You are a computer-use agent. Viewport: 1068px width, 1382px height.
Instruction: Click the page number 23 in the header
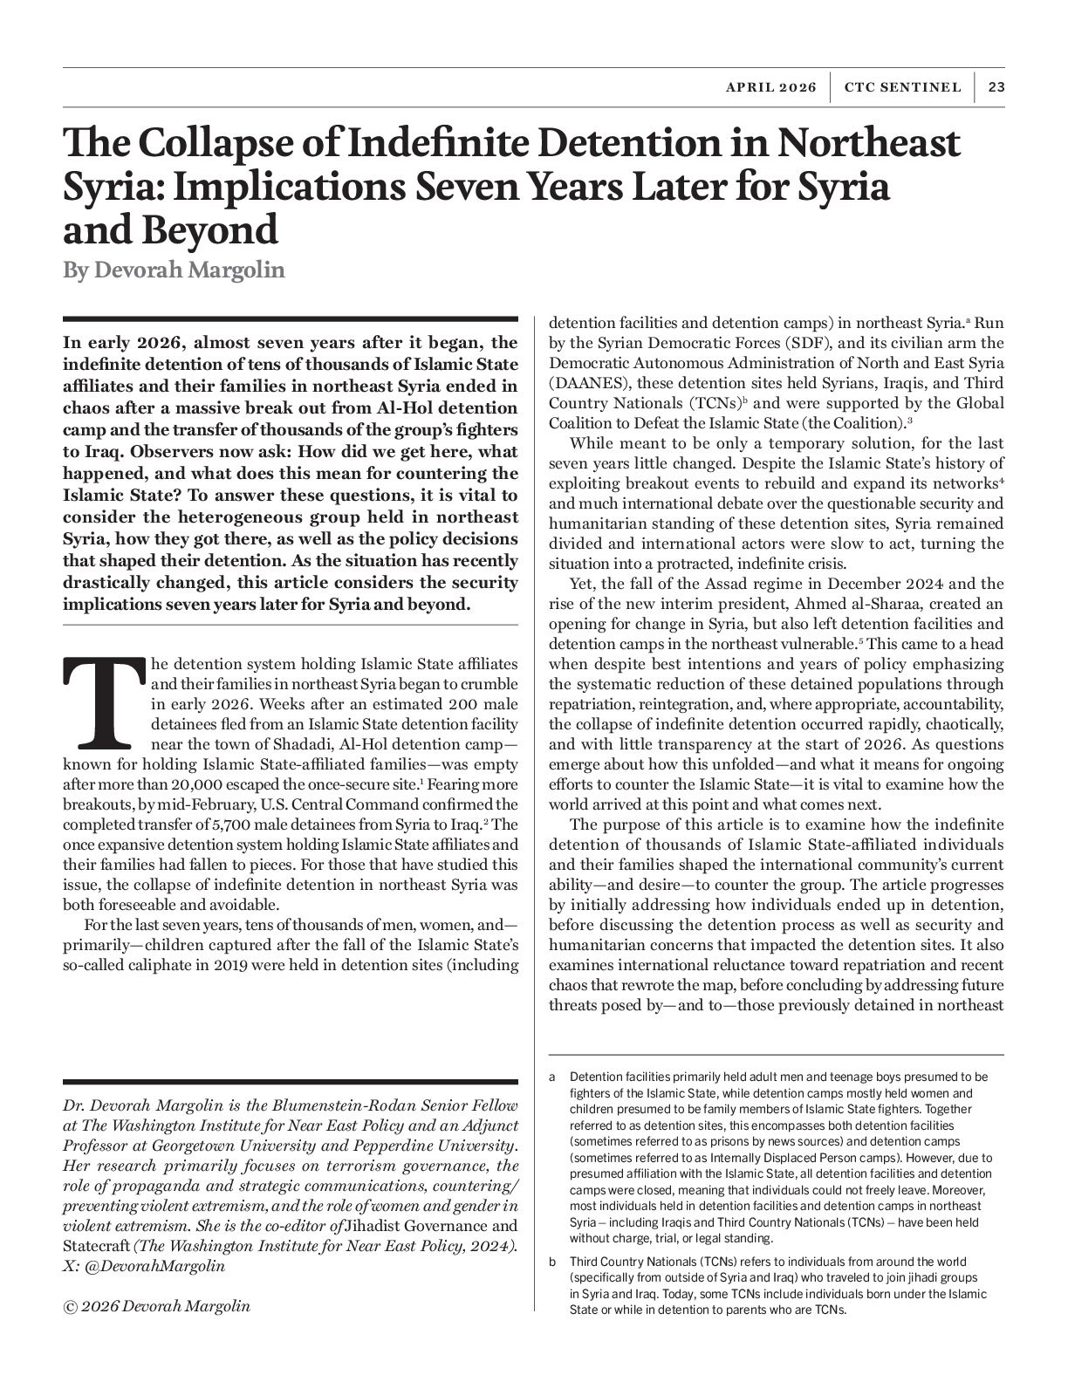[996, 87]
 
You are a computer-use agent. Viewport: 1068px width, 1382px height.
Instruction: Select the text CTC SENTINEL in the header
[902, 87]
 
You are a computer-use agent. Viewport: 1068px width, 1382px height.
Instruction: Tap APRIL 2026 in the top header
[770, 87]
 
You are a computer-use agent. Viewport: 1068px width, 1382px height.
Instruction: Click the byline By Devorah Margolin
[174, 270]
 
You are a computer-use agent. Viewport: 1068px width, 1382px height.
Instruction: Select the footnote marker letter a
[552, 1078]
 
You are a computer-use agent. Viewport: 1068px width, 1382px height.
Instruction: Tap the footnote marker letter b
[552, 1262]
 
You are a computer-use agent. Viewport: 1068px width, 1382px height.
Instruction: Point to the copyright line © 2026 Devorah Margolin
[157, 1306]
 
